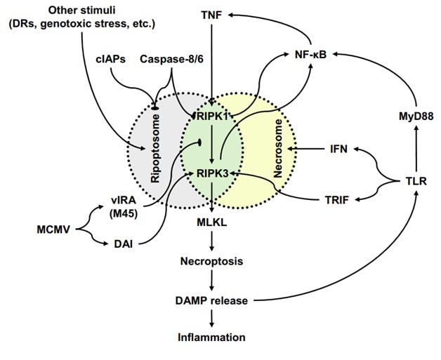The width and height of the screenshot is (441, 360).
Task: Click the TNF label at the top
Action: [x=211, y=13]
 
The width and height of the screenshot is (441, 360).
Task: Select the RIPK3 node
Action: [x=212, y=173]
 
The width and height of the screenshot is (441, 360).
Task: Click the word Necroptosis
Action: [x=211, y=261]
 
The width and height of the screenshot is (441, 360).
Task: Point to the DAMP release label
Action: [x=211, y=300]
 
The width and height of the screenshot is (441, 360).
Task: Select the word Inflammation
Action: [x=211, y=338]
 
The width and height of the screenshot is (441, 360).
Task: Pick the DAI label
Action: [x=126, y=244]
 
